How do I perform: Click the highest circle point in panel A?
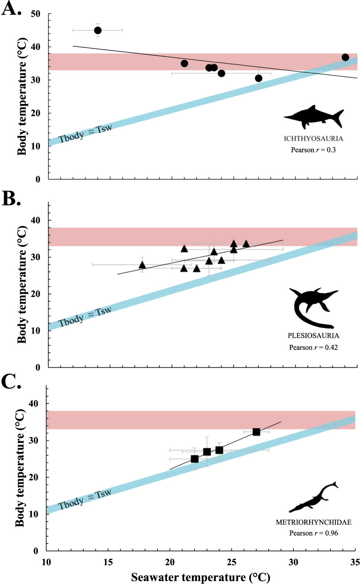point(98,30)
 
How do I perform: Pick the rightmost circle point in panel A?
point(345,57)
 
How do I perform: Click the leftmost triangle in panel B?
point(142,265)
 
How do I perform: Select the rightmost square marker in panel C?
point(256,432)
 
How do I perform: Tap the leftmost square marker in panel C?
point(195,459)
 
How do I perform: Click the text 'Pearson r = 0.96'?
point(313,533)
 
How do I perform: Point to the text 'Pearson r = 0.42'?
point(313,347)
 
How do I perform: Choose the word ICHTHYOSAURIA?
point(313,139)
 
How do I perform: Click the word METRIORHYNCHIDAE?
point(313,522)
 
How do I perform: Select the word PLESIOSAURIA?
point(313,335)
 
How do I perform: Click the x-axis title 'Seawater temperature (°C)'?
point(201,578)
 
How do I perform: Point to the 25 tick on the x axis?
point(232,562)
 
